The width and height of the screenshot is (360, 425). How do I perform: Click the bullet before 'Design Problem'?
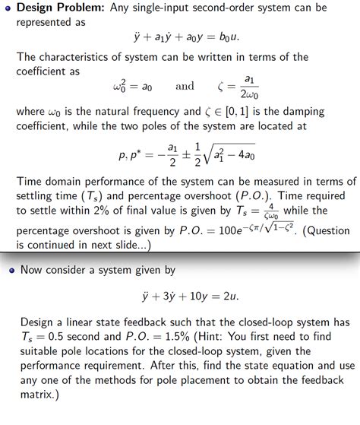coord(7,9)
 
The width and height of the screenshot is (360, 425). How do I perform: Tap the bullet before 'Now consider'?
coord(7,269)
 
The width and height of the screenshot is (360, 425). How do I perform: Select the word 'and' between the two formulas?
coord(185,86)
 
